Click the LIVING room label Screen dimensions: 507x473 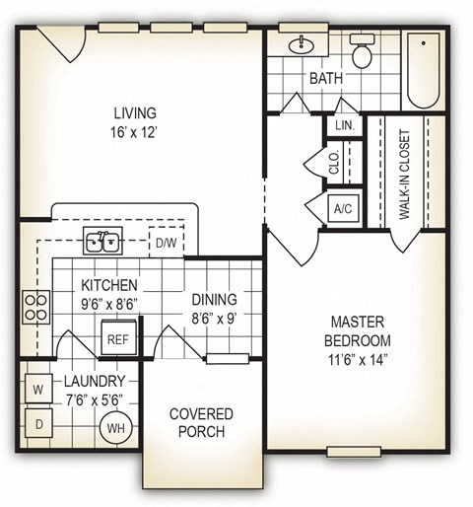[134, 112]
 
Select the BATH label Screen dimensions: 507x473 [326, 78]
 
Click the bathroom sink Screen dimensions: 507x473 [300, 45]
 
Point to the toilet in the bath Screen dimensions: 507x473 [363, 53]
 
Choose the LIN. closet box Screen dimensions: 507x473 [344, 126]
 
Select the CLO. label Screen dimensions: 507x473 [335, 165]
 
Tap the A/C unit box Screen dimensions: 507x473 [342, 209]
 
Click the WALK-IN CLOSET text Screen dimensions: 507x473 [404, 175]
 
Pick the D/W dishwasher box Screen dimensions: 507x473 [163, 242]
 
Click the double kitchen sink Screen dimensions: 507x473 [102, 240]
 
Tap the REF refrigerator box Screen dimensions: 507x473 [117, 338]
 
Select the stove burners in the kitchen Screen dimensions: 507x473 [35, 307]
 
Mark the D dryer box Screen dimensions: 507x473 [38, 425]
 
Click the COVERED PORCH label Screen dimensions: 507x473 [201, 422]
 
